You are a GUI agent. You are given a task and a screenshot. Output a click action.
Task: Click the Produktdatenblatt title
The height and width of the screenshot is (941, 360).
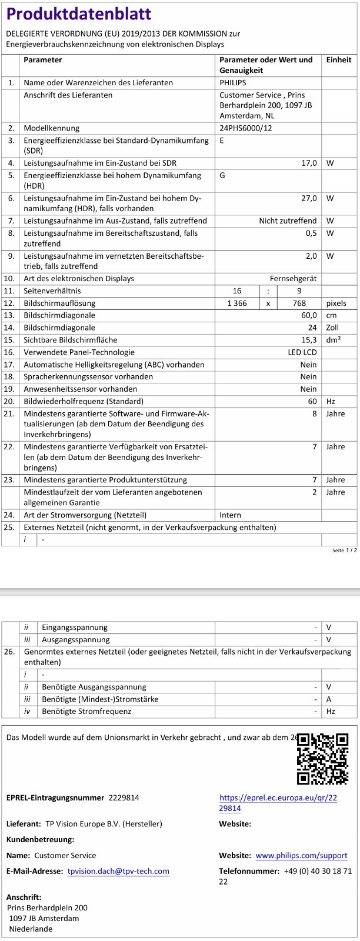79,14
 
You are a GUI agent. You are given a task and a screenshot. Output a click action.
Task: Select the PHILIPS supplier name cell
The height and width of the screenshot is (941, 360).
233,83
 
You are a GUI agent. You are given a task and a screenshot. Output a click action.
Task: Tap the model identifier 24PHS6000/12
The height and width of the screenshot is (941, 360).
246,128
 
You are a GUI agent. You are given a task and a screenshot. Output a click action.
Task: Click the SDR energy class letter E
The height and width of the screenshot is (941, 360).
222,141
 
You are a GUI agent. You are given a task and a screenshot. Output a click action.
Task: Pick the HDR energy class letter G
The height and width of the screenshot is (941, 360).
222,175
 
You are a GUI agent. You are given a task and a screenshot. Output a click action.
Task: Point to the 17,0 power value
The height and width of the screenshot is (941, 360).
309,163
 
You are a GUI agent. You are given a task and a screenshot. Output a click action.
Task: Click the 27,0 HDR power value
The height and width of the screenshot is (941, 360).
309,198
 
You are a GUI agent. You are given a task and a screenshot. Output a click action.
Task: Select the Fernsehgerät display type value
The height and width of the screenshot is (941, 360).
293,278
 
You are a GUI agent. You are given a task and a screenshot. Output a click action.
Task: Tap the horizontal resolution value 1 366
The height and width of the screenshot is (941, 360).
237,303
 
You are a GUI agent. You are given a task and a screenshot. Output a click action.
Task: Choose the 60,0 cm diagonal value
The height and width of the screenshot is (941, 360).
309,315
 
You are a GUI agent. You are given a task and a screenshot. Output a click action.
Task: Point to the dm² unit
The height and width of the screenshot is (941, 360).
334,340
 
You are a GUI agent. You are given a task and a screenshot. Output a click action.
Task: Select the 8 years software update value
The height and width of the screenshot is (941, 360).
315,414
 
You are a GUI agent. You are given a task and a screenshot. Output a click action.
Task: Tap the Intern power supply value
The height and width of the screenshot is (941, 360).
231,515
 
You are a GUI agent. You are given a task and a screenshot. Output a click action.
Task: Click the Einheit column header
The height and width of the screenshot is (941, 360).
338,60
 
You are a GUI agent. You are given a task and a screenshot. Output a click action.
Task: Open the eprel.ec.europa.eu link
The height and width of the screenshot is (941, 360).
278,803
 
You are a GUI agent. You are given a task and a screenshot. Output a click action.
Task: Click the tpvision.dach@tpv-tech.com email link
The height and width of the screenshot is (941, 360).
118,871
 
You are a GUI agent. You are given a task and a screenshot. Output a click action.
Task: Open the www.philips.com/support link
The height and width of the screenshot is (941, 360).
301,856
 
